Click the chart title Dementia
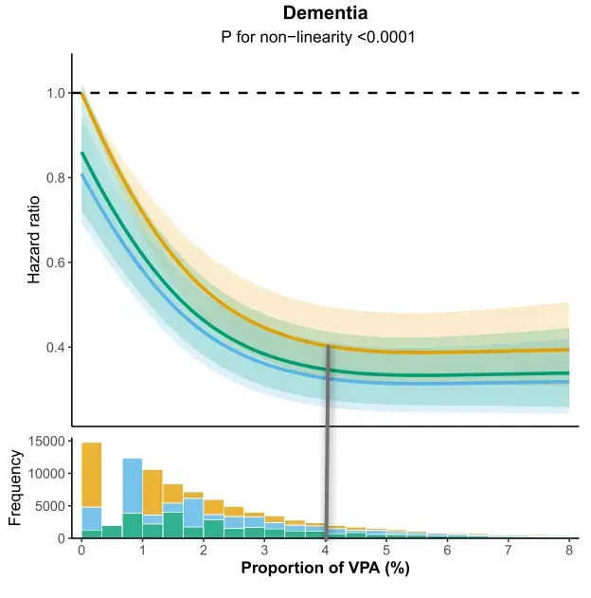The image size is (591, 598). (x=325, y=14)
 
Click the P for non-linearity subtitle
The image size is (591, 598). (x=325, y=40)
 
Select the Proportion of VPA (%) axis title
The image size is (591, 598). (x=326, y=570)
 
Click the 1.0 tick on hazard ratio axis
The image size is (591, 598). (x=54, y=93)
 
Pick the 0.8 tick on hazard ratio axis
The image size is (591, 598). (x=54, y=177)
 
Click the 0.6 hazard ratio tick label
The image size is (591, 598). (x=54, y=263)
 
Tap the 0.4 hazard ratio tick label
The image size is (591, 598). (x=54, y=347)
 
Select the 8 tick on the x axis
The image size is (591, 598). (x=569, y=550)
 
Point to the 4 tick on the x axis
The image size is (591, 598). (x=326, y=550)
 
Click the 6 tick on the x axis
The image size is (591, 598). (x=447, y=550)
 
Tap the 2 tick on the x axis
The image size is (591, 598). (x=204, y=550)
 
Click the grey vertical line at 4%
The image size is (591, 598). (x=327, y=436)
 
